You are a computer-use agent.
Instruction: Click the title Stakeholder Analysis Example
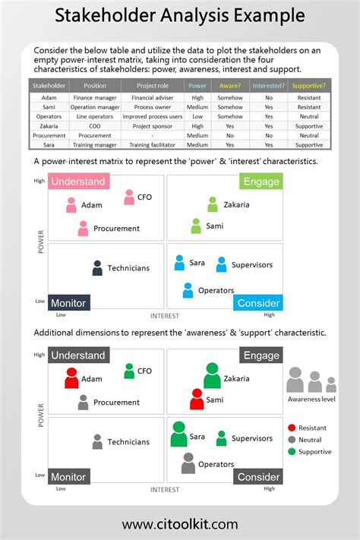(x=180, y=15)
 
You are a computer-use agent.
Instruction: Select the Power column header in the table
(x=197, y=86)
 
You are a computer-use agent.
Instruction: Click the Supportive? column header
(x=308, y=86)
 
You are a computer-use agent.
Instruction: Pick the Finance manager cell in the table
(x=94, y=98)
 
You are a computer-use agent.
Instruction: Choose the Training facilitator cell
(x=150, y=144)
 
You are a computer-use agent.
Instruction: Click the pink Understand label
(x=78, y=182)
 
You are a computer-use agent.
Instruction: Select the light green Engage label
(x=261, y=181)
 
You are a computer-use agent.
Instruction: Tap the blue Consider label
(x=259, y=303)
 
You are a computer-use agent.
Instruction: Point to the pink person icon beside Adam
(x=71, y=205)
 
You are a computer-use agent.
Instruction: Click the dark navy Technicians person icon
(x=97, y=268)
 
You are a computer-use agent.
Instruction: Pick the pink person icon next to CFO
(x=129, y=197)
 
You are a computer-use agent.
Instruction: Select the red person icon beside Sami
(x=197, y=399)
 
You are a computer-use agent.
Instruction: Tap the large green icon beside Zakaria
(x=212, y=376)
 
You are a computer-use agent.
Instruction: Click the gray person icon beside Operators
(x=188, y=463)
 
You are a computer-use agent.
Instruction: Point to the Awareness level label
(x=311, y=399)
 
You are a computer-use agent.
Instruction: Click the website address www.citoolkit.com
(x=180, y=524)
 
